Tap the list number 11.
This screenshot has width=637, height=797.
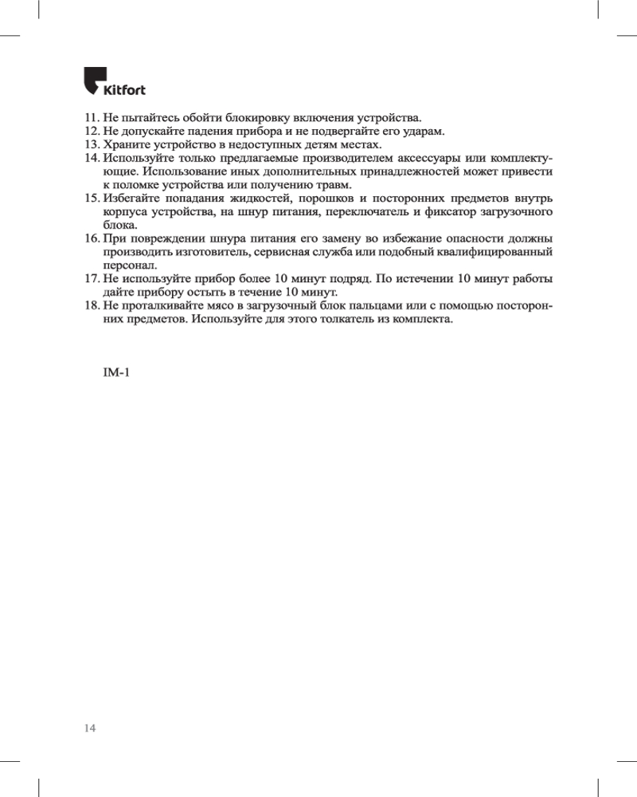[92, 117]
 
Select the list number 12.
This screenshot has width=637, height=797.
[92, 131]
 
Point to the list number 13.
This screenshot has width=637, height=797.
[92, 144]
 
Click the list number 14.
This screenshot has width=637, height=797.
[92, 158]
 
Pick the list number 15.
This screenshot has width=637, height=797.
[92, 198]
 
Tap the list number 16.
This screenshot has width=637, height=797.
[92, 239]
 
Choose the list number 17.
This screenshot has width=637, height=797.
[92, 280]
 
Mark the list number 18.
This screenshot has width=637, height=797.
[92, 307]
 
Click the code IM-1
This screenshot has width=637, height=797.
[116, 373]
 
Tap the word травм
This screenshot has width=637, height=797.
[334, 185]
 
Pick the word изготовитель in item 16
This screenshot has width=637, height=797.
[209, 253]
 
